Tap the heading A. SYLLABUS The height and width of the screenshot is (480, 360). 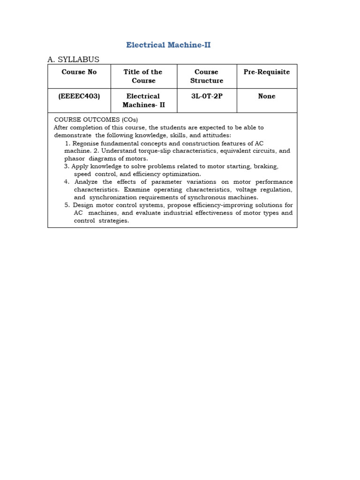[73, 59]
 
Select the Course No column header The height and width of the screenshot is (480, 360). [79, 72]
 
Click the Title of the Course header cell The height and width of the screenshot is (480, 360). [143, 76]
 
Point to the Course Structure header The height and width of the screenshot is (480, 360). [206, 76]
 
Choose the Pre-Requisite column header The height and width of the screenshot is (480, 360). [266, 72]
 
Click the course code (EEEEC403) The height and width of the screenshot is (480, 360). [79, 96]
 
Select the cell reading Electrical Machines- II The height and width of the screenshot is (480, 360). [143, 100]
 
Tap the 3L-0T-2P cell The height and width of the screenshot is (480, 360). [206, 96]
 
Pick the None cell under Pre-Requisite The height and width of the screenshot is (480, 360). [266, 96]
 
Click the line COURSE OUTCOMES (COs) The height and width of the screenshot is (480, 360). [96, 120]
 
